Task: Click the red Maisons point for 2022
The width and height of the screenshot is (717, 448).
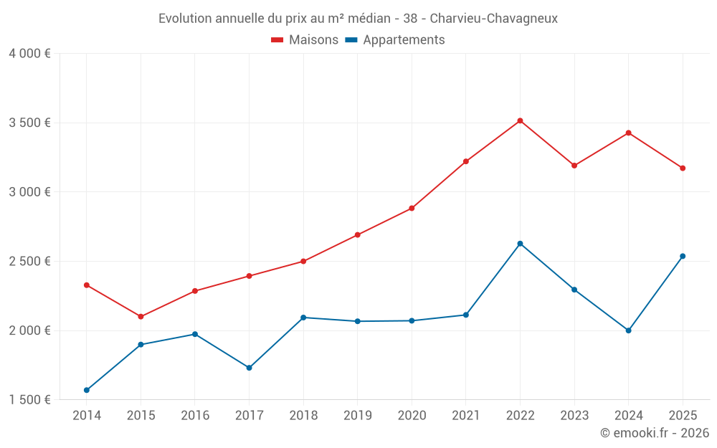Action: coord(520,120)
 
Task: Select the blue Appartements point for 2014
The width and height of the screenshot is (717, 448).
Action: coord(87,390)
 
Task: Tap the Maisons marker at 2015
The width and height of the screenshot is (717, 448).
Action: coord(141,316)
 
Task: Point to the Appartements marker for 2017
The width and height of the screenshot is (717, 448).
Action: coord(249,368)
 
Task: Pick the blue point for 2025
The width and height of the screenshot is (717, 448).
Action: coord(683,256)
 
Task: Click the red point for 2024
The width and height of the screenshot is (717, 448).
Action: coord(628,133)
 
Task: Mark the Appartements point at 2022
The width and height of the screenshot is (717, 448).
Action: coord(520,244)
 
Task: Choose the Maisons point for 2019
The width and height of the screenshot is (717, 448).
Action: coord(357,234)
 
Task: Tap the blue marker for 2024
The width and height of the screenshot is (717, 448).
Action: coord(628,330)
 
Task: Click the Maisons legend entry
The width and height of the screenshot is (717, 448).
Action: coord(305,40)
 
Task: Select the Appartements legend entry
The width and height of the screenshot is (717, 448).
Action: coord(395,40)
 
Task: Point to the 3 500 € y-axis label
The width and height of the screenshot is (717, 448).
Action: coord(30,123)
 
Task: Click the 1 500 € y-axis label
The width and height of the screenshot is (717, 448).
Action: coord(30,400)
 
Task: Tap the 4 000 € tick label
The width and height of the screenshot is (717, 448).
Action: coord(30,54)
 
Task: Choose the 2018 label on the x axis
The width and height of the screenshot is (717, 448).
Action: coord(303,415)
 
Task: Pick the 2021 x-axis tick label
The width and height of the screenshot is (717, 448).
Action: coord(465,415)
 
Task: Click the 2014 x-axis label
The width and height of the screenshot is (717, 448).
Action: coord(87,415)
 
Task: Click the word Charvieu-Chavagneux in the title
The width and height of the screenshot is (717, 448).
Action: coord(494,19)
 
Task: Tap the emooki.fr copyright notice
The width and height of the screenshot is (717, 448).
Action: coord(654,433)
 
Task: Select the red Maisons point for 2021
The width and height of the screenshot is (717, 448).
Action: coord(465,161)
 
